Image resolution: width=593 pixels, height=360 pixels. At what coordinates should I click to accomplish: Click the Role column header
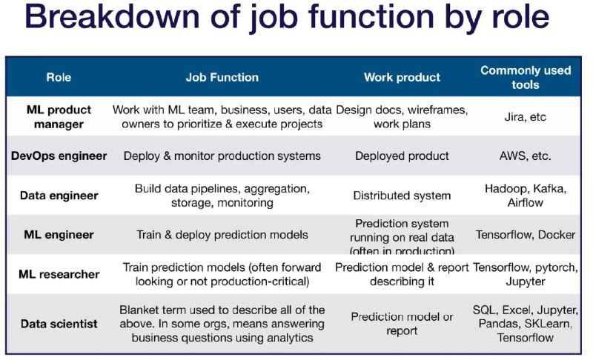[59, 77]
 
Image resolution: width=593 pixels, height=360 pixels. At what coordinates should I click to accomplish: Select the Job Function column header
[222, 77]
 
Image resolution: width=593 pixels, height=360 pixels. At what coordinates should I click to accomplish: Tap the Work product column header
[402, 77]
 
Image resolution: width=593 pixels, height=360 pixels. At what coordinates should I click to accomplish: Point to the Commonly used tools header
[526, 77]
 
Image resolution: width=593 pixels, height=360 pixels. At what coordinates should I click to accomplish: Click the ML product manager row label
[59, 117]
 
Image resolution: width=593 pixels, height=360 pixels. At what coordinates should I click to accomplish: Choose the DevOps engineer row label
[59, 156]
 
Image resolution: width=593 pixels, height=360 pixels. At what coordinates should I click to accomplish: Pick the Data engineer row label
[59, 196]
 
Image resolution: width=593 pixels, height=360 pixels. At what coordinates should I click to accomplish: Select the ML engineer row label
[59, 235]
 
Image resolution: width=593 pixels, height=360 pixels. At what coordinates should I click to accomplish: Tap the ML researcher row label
[59, 274]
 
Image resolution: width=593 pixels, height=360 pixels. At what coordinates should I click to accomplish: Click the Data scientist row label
[59, 324]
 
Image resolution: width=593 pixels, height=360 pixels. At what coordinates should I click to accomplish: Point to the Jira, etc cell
[526, 117]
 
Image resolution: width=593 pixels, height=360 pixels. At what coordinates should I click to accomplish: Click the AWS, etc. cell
[526, 156]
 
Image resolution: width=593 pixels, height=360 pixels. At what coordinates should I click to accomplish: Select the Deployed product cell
[402, 156]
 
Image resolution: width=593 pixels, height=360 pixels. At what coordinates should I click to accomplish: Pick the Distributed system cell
[402, 196]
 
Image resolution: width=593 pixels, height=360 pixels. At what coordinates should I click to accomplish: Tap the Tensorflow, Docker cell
[526, 235]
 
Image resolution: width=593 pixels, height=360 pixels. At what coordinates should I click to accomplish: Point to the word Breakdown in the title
[112, 16]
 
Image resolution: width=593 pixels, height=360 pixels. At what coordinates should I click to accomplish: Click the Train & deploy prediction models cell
[222, 235]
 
